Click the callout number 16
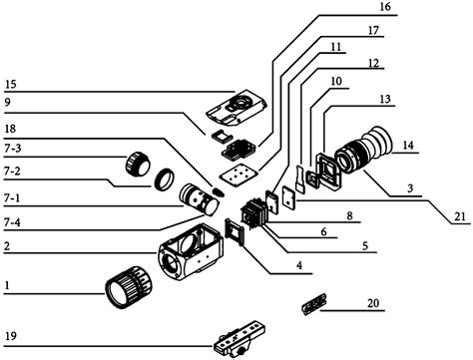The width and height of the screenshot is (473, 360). click(385, 7)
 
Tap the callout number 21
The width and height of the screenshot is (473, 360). click(460, 216)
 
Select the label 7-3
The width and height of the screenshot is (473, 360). click(13, 149)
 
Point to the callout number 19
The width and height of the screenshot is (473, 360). click(11, 336)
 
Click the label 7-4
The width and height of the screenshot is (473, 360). click(13, 222)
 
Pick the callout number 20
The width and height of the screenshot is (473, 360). click(373, 303)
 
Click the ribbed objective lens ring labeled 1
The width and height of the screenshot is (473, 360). click(129, 287)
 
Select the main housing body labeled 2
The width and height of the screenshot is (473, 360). click(191, 251)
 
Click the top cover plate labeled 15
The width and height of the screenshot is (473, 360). click(236, 108)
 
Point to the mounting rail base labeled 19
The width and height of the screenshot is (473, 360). click(239, 339)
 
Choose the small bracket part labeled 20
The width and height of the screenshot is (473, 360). click(314, 304)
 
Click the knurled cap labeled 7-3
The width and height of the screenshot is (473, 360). click(138, 164)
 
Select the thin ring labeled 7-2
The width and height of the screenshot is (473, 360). click(165, 180)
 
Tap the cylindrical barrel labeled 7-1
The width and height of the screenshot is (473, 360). click(199, 199)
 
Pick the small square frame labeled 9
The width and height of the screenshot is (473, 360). click(221, 136)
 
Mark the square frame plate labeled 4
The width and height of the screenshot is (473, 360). click(236, 230)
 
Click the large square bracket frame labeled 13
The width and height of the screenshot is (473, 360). click(328, 172)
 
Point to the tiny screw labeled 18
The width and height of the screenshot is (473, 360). click(219, 192)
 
